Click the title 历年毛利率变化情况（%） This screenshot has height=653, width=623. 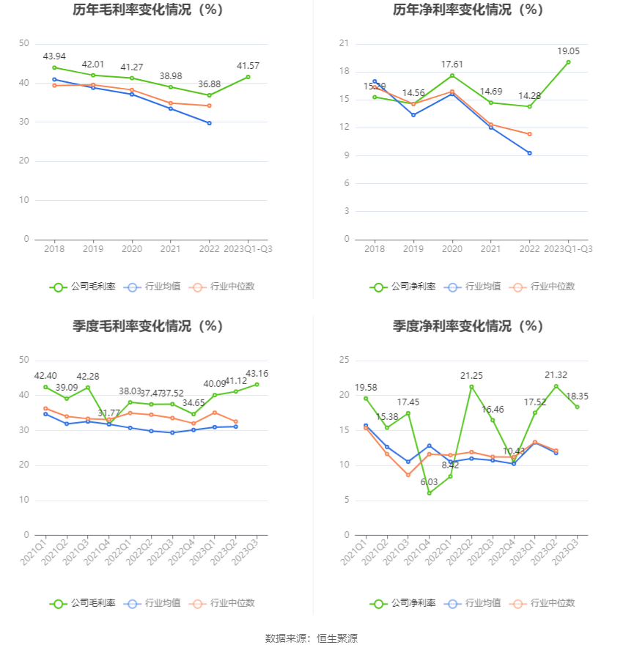click(147, 10)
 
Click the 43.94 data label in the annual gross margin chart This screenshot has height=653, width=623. click(54, 56)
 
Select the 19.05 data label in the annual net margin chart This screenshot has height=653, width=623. click(567, 51)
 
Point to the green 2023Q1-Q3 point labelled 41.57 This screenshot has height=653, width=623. click(248, 77)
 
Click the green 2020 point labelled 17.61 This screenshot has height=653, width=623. click(452, 75)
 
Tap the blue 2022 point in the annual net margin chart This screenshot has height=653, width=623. click(529, 153)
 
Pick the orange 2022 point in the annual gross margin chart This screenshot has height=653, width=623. click(210, 106)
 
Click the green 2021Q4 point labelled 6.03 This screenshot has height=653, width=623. click(430, 492)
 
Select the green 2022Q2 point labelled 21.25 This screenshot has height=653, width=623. click(471, 386)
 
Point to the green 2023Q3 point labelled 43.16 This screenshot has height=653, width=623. click(257, 384)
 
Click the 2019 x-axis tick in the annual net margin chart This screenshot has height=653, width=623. click(413, 249)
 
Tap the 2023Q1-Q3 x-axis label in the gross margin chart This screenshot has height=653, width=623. click(248, 249)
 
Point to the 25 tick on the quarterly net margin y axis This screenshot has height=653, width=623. click(343, 360)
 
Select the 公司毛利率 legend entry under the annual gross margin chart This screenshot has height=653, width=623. click(83, 287)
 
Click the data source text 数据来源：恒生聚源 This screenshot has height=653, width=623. click(311, 638)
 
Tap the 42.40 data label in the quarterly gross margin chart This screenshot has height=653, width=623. click(45, 376)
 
